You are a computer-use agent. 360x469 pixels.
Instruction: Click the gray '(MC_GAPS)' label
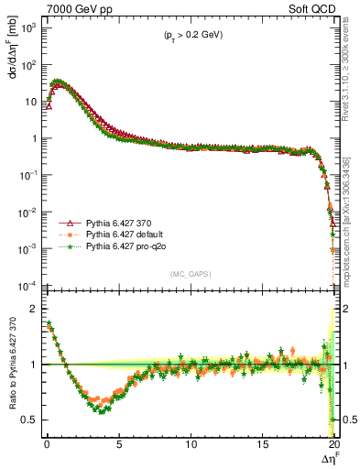coord(187,274)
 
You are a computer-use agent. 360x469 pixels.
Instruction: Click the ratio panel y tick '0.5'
coord(27,420)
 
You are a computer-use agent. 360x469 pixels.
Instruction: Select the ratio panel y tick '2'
coord(32,309)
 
